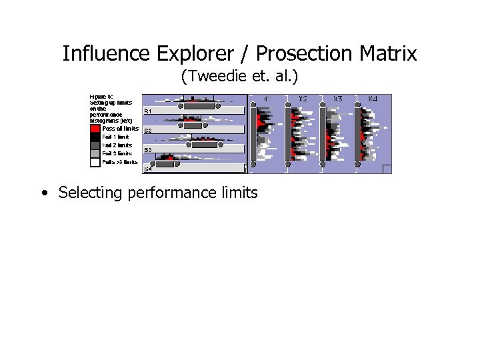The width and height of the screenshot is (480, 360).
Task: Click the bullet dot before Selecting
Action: [x=43, y=194]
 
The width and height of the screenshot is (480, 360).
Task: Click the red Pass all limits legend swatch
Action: [x=95, y=129]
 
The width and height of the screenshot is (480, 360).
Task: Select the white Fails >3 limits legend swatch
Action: [x=95, y=161]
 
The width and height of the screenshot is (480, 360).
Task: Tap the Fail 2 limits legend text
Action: [x=117, y=145]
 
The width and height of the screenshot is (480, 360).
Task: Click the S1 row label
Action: [x=148, y=111]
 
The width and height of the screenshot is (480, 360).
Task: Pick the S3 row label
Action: [x=148, y=150]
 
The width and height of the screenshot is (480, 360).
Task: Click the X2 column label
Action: [x=303, y=99]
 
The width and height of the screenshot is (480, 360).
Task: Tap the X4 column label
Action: [x=373, y=99]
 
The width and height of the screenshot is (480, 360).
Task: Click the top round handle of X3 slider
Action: [x=323, y=105]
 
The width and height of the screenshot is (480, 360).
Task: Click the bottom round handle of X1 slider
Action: [x=253, y=163]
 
